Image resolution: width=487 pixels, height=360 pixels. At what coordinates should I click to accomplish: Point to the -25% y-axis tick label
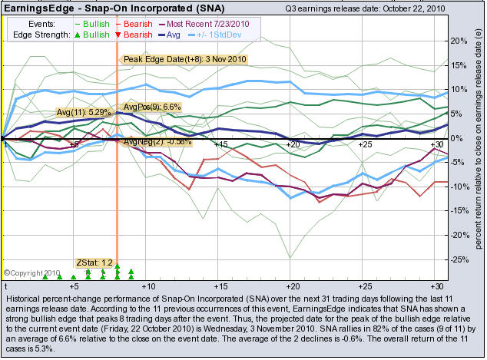(x=458, y=260)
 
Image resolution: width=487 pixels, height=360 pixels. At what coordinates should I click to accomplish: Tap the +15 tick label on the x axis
(x=220, y=144)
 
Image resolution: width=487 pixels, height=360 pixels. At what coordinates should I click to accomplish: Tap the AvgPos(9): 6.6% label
(x=152, y=107)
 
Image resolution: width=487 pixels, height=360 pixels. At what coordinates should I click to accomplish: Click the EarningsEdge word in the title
(x=35, y=9)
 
